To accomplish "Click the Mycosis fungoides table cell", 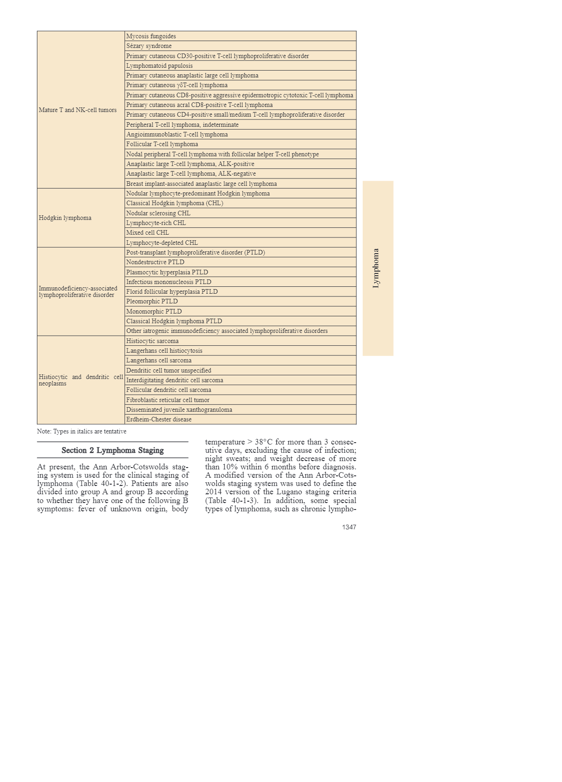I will click(151, 36).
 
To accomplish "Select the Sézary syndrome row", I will click(149, 46).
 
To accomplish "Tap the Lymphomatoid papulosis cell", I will click(160, 66).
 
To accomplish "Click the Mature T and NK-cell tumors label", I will click(78, 110).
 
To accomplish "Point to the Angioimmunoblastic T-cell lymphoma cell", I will click(177, 135).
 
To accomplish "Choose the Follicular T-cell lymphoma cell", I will click(162, 144).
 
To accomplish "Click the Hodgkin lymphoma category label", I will click(65, 218).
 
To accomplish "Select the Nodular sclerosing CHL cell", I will click(158, 213).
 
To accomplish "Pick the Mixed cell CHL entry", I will click(148, 233).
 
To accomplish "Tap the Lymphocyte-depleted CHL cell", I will click(162, 243).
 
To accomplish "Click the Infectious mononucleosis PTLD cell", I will click(169, 282).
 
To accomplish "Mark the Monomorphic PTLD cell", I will click(154, 312).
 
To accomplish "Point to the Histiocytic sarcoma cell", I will click(152, 341).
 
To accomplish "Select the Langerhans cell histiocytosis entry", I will click(164, 351).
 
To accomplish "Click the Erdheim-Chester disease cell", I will click(159, 420).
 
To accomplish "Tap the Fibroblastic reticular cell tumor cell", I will click(168, 400).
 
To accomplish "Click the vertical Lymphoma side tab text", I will click(376, 268).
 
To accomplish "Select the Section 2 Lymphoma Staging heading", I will click(113, 450).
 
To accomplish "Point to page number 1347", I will click(349, 527).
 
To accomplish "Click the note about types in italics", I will click(82, 432).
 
